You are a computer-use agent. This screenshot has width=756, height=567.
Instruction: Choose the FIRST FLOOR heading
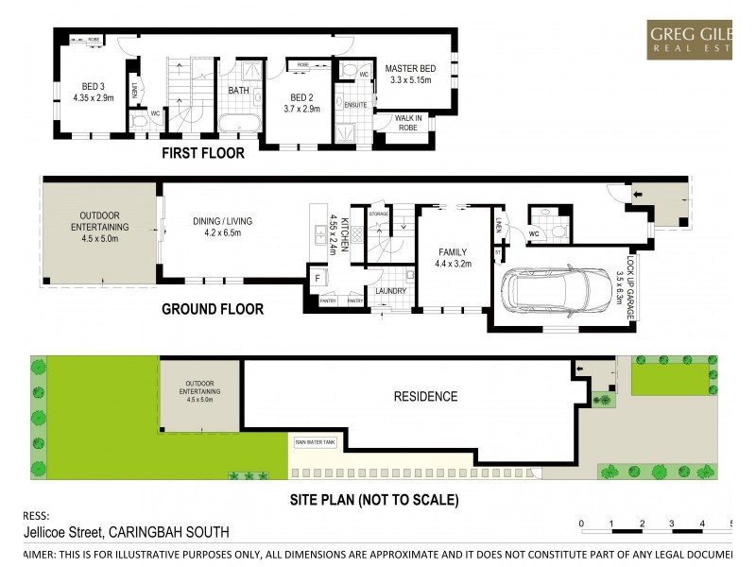point(202,152)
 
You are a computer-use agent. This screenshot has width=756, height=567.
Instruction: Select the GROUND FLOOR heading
point(213,309)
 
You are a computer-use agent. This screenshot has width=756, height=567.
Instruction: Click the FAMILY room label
point(452,257)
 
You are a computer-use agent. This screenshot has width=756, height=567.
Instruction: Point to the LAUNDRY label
point(390,291)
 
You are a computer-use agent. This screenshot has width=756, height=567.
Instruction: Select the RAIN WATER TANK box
point(316,442)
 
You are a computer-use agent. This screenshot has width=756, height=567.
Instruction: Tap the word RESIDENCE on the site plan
point(425,397)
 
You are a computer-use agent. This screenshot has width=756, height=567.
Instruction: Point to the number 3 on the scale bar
point(671,523)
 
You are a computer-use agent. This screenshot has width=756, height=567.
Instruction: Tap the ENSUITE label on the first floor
point(356,104)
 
